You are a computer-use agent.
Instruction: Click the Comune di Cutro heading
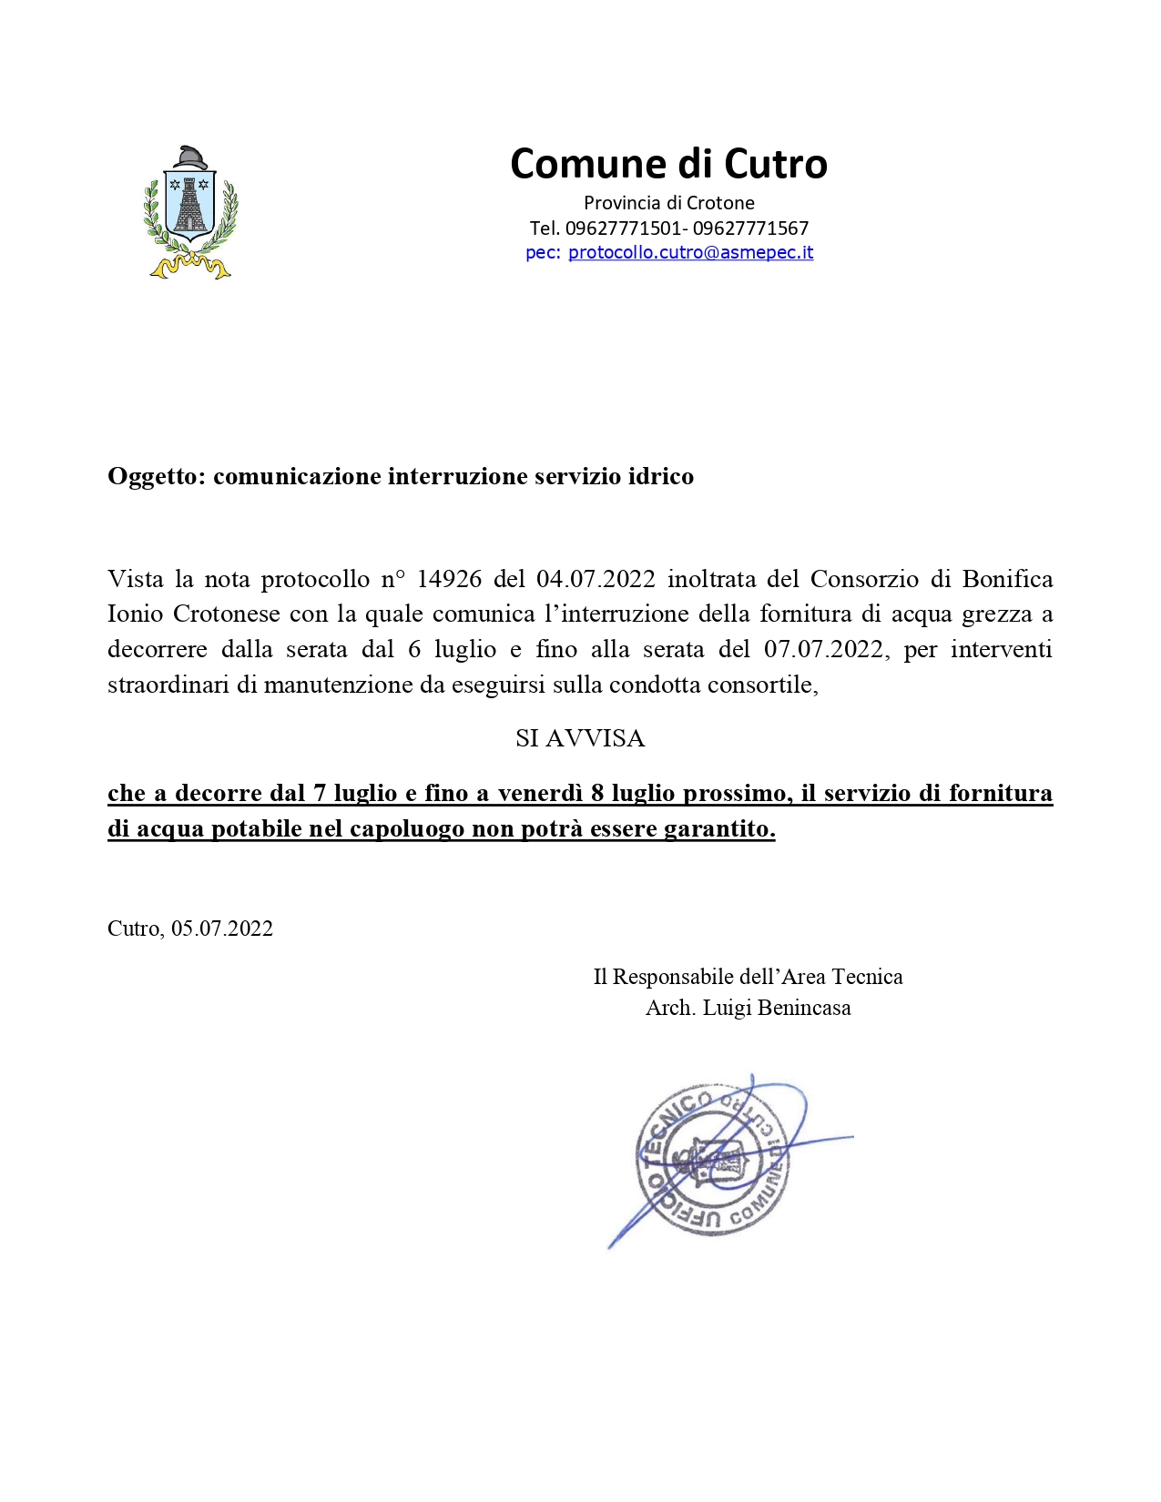(x=668, y=164)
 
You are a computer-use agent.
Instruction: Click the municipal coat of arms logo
(x=190, y=211)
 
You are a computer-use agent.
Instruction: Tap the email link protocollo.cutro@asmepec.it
(x=690, y=252)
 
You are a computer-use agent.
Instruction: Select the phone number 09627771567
(x=750, y=228)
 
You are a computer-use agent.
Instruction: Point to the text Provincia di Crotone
(x=668, y=202)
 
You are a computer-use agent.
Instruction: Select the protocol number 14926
(x=449, y=579)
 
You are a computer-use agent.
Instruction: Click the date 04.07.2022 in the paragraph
(x=596, y=579)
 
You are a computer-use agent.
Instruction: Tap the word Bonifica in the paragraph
(x=1007, y=579)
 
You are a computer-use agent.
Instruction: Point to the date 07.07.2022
(x=824, y=649)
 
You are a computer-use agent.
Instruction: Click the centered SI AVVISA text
(x=580, y=738)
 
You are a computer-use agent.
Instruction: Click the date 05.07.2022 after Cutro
(x=222, y=929)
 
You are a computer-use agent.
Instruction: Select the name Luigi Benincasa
(x=777, y=1008)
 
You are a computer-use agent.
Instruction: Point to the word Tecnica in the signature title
(x=867, y=977)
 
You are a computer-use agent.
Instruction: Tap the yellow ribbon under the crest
(x=190, y=267)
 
